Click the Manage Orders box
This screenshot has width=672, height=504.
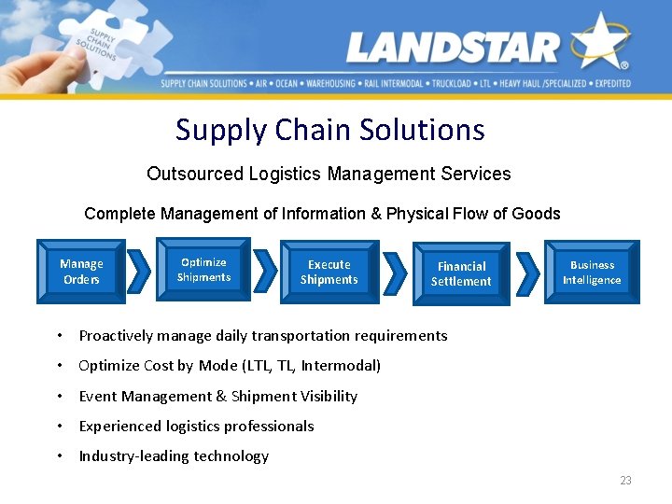click(81, 272)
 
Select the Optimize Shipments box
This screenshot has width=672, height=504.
click(203, 270)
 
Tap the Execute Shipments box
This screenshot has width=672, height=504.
click(329, 272)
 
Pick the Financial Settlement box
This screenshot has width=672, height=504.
click(461, 273)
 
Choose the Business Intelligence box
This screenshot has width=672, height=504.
click(592, 272)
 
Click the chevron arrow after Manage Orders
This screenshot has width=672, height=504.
click(138, 272)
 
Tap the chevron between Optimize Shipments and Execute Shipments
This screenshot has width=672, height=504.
click(265, 272)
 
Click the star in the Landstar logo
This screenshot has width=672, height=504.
click(600, 42)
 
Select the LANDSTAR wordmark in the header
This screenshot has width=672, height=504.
click(453, 47)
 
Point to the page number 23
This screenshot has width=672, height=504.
click(625, 481)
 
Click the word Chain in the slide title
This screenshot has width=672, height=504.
click(315, 130)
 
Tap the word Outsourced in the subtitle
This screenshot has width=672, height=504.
click(195, 174)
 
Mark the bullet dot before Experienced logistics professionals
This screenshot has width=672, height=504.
click(59, 427)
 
